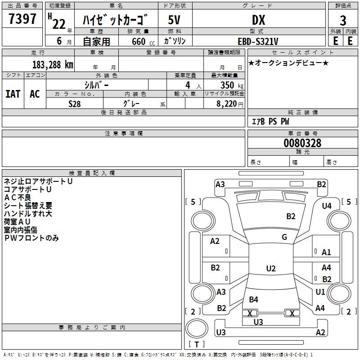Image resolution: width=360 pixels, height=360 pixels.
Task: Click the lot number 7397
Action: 23,19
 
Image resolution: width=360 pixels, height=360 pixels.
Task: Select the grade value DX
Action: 258,20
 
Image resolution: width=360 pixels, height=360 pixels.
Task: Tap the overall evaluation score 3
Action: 343,20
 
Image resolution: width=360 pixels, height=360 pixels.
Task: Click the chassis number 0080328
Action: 302,143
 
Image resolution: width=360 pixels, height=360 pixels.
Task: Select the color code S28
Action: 75,104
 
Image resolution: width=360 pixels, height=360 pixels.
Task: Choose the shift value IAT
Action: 13,94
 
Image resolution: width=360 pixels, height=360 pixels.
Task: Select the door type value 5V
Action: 175,20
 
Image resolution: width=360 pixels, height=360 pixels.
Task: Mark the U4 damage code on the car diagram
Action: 327,206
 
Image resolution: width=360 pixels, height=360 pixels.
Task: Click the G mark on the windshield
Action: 284,237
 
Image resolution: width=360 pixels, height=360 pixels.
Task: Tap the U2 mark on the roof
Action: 270,269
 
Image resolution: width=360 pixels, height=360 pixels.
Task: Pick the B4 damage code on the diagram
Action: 254,299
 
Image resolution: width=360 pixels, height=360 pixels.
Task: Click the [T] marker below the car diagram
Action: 196,344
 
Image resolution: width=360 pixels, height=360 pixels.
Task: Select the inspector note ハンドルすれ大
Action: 28,214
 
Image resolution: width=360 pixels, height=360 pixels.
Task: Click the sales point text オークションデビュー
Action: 288,63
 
